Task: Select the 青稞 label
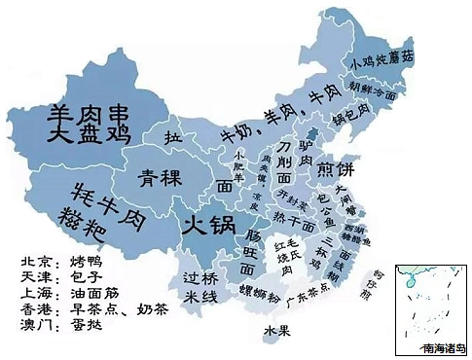[159, 179]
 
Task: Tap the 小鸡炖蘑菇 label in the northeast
[381, 59]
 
